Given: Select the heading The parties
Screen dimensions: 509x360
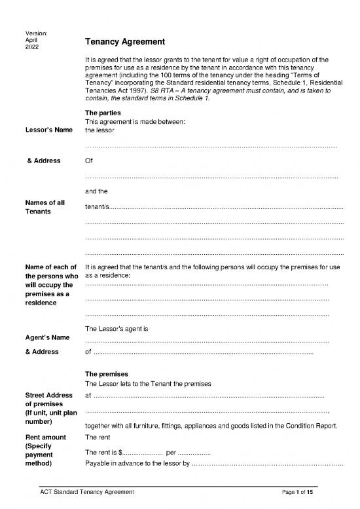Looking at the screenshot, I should coord(103,113).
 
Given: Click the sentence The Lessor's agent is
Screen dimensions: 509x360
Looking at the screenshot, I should coord(122,328).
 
